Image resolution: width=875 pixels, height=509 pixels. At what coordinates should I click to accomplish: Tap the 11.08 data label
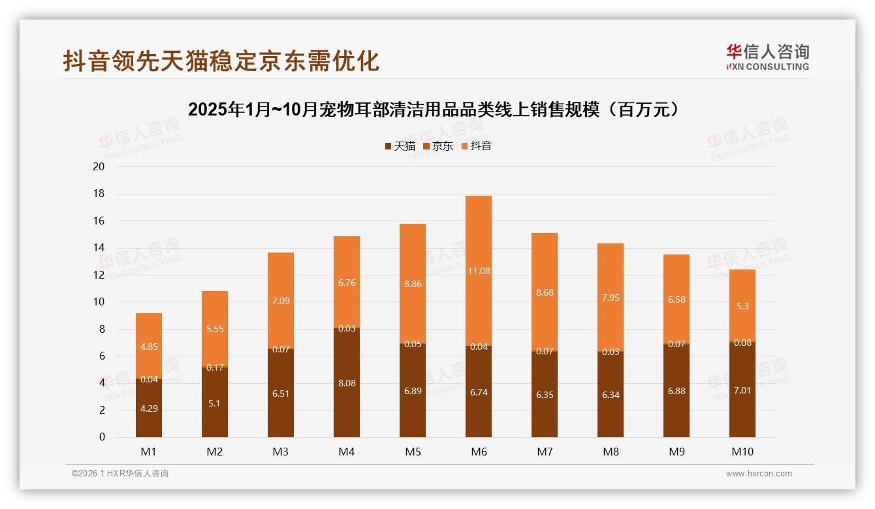coord(479,271)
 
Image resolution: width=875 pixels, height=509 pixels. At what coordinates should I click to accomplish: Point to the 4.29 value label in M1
coord(149,409)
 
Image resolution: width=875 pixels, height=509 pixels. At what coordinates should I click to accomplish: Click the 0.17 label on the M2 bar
coord(215,367)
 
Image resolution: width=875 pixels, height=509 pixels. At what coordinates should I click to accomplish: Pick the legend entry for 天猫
coord(400,146)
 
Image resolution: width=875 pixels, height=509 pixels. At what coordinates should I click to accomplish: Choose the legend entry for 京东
coord(438,146)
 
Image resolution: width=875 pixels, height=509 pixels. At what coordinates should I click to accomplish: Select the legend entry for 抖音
coord(476,146)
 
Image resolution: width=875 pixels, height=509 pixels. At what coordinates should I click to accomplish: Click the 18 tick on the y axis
coord(99,194)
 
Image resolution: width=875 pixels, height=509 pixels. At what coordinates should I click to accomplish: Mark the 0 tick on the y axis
coord(102,437)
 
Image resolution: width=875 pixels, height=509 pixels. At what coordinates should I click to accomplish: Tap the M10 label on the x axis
coord(742,452)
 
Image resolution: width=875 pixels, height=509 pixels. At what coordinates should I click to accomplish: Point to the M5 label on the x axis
coord(413,452)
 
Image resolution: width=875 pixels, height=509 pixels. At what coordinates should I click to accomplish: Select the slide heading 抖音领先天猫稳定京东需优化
coord(221,61)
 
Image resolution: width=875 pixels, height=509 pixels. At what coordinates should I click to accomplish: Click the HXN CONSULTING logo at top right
coord(767,57)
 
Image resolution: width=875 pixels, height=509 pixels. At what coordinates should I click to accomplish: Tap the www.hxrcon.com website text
coord(759,474)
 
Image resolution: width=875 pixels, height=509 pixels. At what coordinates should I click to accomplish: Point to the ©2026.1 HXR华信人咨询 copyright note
coord(120,474)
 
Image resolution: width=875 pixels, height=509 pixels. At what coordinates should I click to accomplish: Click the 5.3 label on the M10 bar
coord(742,306)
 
